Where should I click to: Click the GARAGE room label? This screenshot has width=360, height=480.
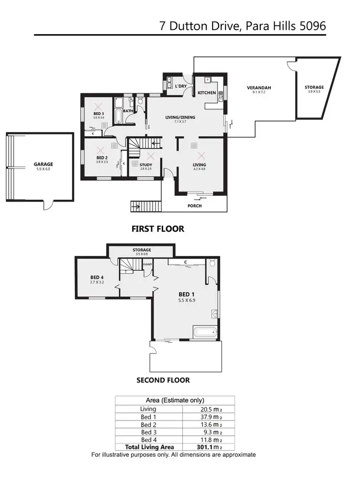click(43, 164)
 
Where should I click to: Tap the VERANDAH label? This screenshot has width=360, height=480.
click(259, 87)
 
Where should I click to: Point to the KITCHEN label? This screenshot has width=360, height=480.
click(207, 93)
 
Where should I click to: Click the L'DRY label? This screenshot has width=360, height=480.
click(180, 86)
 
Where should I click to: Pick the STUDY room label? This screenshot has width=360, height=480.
click(146, 165)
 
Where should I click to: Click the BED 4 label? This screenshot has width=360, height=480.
click(97, 277)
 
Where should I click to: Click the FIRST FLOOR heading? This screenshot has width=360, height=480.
click(157, 229)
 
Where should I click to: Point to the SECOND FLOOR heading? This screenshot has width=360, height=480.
click(163, 380)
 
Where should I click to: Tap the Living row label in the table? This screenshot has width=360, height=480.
click(148, 408)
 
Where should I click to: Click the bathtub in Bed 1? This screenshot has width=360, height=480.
click(205, 333)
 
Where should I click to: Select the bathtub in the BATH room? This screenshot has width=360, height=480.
click(118, 116)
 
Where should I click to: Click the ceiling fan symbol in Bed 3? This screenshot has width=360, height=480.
click(99, 106)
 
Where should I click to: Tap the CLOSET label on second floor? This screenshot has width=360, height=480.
click(147, 264)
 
